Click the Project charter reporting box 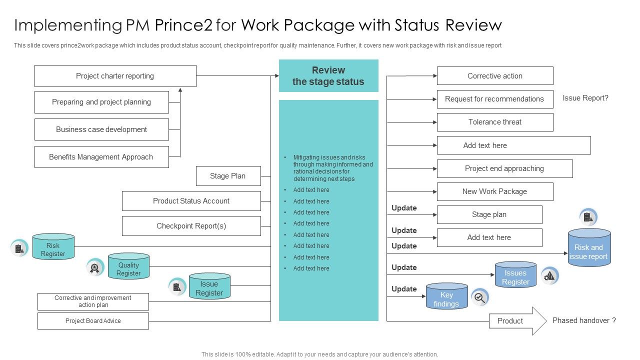click(x=115, y=76)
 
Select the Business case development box click(x=101, y=129)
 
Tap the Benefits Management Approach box click(x=101, y=157)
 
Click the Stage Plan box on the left click(x=228, y=176)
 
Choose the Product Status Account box click(x=191, y=201)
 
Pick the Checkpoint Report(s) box click(x=191, y=226)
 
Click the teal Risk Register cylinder click(x=53, y=247)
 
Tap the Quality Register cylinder click(x=128, y=267)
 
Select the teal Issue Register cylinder click(x=209, y=287)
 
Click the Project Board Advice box click(x=93, y=321)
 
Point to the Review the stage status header click(x=328, y=76)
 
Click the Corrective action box click(x=495, y=76)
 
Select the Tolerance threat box click(x=495, y=122)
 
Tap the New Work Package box click(x=495, y=191)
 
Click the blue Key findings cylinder click(x=446, y=297)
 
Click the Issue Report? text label click(x=585, y=98)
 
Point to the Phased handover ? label click(x=584, y=320)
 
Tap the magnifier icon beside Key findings click(x=479, y=297)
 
